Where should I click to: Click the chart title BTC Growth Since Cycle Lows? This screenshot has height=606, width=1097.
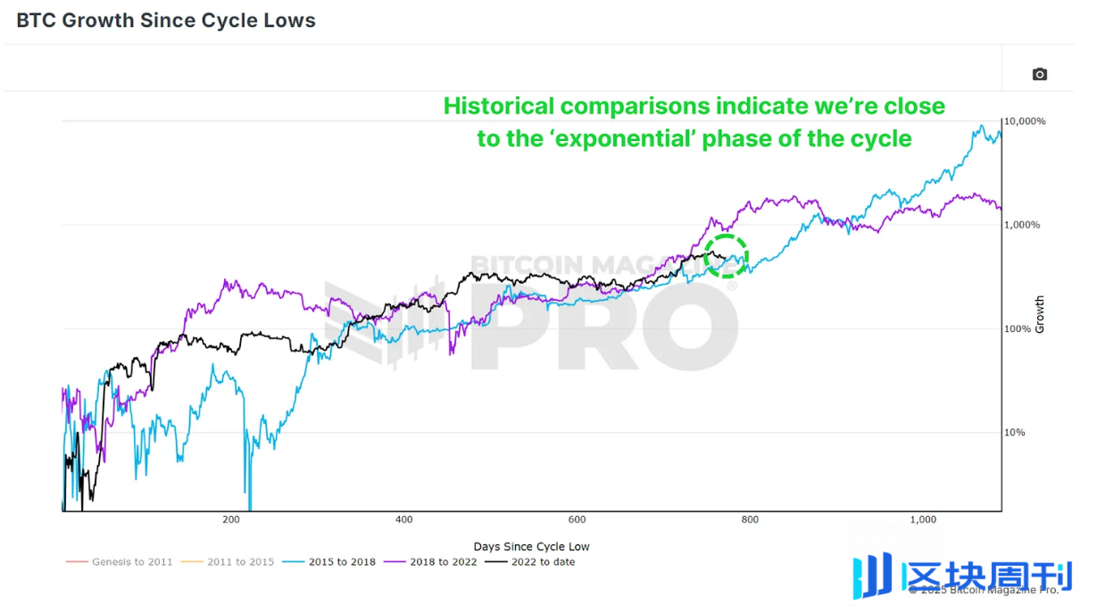pos(166,20)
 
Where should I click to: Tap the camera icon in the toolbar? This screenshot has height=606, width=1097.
pos(1039,74)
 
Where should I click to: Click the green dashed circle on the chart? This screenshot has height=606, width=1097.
pos(725,256)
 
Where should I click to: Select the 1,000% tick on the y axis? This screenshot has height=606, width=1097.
pos(1022,225)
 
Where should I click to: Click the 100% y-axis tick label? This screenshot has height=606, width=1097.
pos(1018,329)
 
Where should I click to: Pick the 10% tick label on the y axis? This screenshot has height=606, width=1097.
pos(1017,433)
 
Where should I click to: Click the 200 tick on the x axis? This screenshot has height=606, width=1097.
pos(231,520)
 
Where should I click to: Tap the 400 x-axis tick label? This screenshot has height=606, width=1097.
pos(403,520)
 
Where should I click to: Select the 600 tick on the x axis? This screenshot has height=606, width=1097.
pos(577,520)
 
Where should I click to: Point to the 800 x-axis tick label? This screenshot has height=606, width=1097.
pos(750,520)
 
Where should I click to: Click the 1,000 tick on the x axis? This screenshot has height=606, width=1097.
pos(922,520)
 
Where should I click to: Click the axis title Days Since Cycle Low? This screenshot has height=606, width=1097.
pos(531,546)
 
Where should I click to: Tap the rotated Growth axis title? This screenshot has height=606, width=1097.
pos(1039,315)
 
